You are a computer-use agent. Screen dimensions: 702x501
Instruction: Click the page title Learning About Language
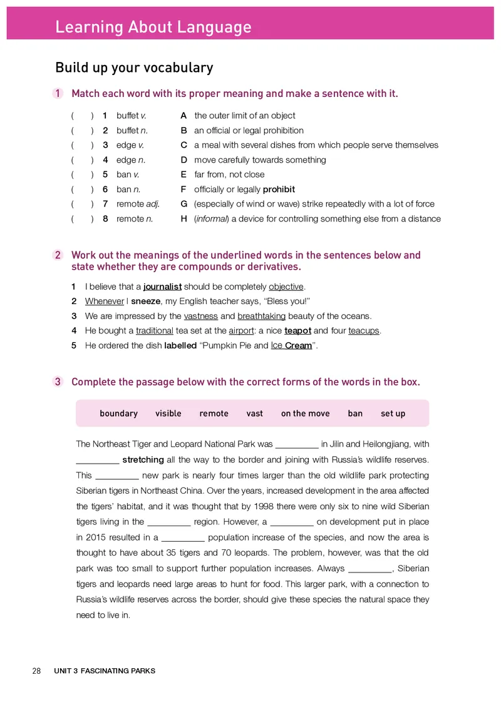(153, 28)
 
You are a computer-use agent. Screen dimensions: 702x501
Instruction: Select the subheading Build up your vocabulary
(134, 68)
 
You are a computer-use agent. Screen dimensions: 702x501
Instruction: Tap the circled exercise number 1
(58, 94)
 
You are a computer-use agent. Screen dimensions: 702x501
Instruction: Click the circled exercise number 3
(58, 382)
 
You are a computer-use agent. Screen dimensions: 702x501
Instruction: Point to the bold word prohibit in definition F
(279, 190)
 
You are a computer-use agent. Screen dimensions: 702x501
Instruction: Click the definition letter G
(183, 204)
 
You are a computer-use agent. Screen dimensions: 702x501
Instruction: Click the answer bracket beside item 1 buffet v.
(82, 116)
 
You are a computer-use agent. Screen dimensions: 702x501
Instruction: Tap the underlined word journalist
(162, 287)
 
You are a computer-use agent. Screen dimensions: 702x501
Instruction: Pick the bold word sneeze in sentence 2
(145, 302)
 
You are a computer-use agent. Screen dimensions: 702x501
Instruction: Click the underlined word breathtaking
(261, 316)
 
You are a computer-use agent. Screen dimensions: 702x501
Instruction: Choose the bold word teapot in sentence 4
(297, 331)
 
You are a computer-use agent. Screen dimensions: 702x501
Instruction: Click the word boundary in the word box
(118, 414)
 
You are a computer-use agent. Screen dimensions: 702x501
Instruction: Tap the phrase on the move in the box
(305, 414)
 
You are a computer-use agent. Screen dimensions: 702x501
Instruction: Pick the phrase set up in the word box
(393, 414)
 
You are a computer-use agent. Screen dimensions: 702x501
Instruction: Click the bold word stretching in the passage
(143, 460)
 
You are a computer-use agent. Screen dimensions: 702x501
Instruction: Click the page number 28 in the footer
(36, 671)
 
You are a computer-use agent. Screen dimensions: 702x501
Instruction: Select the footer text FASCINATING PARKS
(118, 671)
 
